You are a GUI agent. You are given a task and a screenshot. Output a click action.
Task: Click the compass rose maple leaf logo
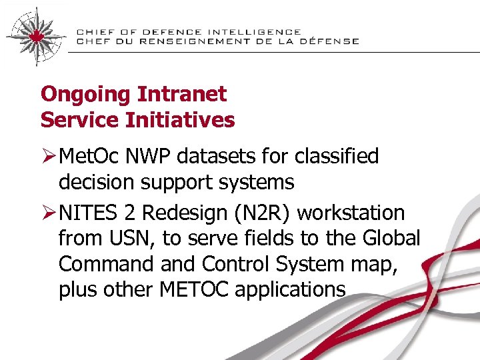(35, 35)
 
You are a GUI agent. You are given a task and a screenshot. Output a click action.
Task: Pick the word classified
(335, 157)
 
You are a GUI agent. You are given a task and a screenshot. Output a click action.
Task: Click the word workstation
(351, 213)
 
